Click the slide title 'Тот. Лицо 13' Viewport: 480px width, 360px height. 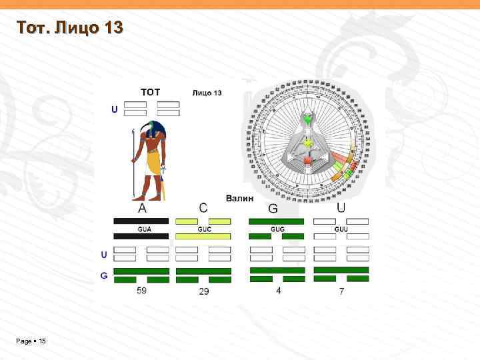69,28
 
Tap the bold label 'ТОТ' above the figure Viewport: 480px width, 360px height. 150,92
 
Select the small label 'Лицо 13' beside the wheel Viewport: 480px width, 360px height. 207,93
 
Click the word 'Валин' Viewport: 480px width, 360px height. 239,198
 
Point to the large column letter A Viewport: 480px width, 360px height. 143,209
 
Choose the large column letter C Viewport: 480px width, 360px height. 203,209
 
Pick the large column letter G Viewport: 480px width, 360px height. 273,209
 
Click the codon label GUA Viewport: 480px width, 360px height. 144,229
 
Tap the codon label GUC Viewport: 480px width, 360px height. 204,229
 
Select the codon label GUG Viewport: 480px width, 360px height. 277,229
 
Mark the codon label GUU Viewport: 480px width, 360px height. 341,229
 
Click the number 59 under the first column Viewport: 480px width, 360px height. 141,291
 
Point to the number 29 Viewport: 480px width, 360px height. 204,292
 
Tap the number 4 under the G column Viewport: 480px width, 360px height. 278,291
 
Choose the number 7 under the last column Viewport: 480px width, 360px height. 341,291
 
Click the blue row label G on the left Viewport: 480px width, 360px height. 104,275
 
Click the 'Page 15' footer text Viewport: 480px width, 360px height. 31,341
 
